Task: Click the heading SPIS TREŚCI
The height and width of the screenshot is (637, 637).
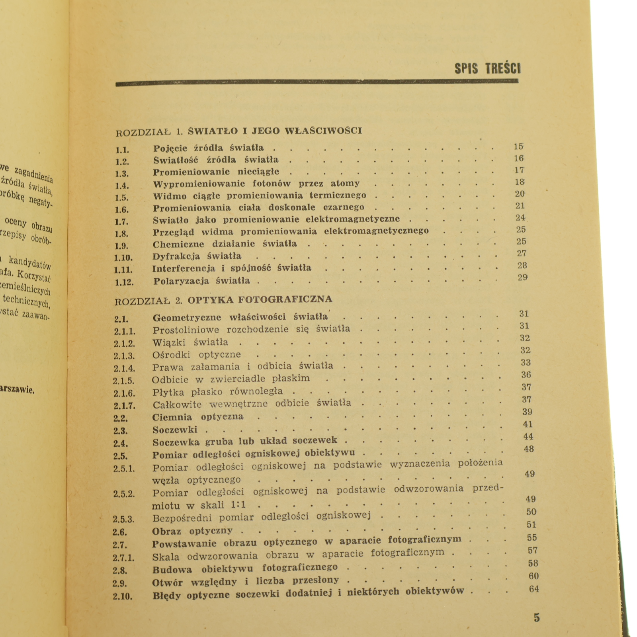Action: pyautogui.click(x=487, y=68)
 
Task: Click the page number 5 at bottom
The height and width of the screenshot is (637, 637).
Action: pyautogui.click(x=537, y=617)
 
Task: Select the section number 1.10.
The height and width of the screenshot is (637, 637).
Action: pyautogui.click(x=123, y=258)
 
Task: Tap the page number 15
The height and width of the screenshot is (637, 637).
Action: pyautogui.click(x=518, y=147)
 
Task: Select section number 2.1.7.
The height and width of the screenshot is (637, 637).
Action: pyautogui.click(x=124, y=406)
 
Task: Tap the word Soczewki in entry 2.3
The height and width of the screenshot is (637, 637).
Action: pyautogui.click(x=175, y=430)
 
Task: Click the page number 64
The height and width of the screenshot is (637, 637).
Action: pyautogui.click(x=534, y=589)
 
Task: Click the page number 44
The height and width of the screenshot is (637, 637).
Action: pyautogui.click(x=528, y=437)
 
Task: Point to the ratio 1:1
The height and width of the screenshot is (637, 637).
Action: pyautogui.click(x=238, y=505)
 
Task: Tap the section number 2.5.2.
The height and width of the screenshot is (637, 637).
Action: pyautogui.click(x=124, y=494)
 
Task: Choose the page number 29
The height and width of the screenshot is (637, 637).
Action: pyautogui.click(x=522, y=277)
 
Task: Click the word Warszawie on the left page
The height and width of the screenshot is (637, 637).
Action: pyautogui.click(x=18, y=389)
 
